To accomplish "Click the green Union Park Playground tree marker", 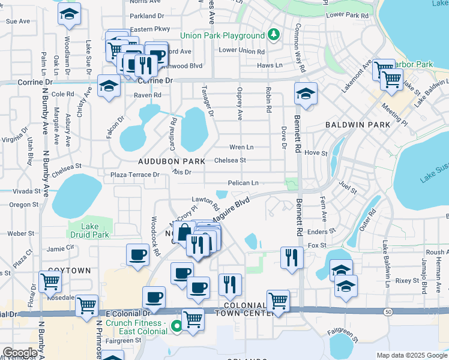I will (x=274, y=35).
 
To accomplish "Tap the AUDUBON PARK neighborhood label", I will (x=172, y=161).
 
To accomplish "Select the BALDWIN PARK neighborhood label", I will (x=358, y=125).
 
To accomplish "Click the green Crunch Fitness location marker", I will (x=176, y=327).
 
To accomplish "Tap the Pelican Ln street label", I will (x=243, y=183).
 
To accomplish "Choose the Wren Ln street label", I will (x=241, y=147).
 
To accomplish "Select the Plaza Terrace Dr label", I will (x=135, y=175).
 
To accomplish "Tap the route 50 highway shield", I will (x=388, y=311).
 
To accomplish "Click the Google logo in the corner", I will (x=20, y=352).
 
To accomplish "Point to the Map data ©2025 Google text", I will (x=412, y=355).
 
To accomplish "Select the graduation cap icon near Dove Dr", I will (x=306, y=94).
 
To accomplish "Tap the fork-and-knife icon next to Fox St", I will (x=292, y=257).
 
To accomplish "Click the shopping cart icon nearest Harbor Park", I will (x=391, y=79).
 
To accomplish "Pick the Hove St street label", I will (x=316, y=153).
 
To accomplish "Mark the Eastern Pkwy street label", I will (x=150, y=29).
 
